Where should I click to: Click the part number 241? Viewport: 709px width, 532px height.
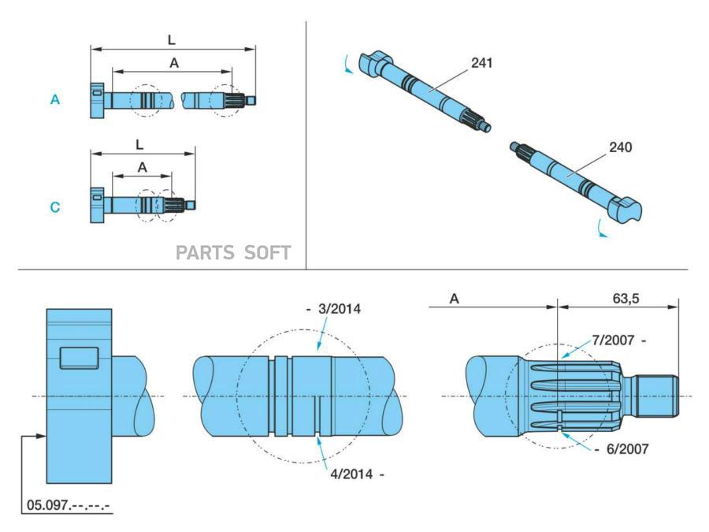pos(481,63)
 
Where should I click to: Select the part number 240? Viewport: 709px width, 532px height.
pos(620,147)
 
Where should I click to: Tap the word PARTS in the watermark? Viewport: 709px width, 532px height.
pos(204,252)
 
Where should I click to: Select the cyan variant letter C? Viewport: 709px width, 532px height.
pos(55,207)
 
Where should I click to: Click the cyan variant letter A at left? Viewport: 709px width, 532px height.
pos(55,100)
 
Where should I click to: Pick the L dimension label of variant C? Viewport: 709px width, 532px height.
pos(139,145)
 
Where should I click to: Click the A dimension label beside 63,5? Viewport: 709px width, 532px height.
pos(455,299)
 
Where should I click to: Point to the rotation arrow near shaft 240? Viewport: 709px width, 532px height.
pos(602,229)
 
